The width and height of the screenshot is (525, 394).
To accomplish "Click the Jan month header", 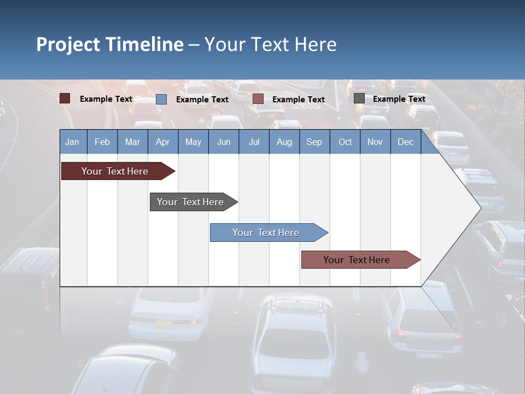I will pos(73,142).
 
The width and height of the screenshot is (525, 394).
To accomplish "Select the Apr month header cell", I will pos(163,142).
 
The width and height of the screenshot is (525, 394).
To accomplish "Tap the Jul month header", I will pos(254,142).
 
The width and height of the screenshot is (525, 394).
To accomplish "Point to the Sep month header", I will pos(314,142).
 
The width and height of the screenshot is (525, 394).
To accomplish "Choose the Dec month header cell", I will pos(405,142).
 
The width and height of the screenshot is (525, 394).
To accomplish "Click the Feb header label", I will pos(102,142).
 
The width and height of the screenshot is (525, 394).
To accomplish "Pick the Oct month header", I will pos(345,142).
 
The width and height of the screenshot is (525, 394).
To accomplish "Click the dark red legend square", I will pos(65,99).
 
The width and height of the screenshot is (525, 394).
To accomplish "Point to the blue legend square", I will pos(161,99).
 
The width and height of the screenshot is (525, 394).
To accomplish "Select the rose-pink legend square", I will pos(258,99).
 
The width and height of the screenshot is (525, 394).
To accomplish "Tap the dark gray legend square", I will pos(359,99).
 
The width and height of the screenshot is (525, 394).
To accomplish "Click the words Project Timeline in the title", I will pos(110,44).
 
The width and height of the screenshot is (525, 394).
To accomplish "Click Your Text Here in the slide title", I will pos(270,44).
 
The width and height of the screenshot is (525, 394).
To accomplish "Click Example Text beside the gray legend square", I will pos(399,99).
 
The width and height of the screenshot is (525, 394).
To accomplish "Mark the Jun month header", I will pos(224,142).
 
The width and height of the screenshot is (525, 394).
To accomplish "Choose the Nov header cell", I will pos(375,142).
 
